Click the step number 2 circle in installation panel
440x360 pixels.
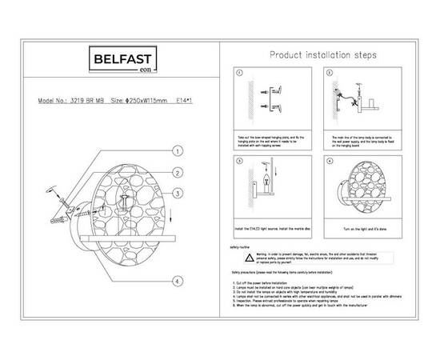(x=330, y=73)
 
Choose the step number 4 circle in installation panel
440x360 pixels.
(x=330, y=162)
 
